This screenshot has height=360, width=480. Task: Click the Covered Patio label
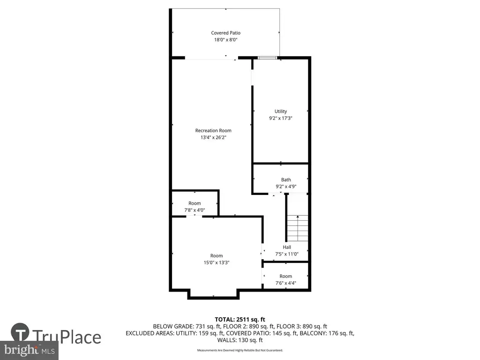[x=225, y=33]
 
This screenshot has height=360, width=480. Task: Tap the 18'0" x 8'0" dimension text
[x=225, y=40]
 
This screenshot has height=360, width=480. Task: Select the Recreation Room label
[x=213, y=130]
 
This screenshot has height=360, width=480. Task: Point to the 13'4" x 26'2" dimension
[x=213, y=137]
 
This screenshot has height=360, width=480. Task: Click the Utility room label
[x=281, y=112]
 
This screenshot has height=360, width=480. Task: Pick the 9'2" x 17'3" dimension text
[x=281, y=118]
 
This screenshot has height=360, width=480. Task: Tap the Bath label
[x=286, y=180]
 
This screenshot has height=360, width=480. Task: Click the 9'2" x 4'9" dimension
[x=286, y=187]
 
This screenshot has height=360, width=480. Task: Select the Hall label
[x=287, y=247]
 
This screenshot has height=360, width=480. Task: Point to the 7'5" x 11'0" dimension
[x=287, y=254]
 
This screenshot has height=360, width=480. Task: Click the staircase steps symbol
[x=298, y=228]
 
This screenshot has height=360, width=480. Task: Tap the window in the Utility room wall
[x=268, y=58]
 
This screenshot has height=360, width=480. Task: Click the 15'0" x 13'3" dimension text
[x=217, y=262]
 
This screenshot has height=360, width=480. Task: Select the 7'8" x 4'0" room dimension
[x=195, y=210]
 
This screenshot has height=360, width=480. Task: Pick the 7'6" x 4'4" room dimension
[x=285, y=283]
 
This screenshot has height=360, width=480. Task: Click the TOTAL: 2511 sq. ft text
[x=240, y=320]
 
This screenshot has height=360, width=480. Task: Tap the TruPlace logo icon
[x=20, y=332]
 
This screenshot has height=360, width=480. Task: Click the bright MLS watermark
[x=30, y=350]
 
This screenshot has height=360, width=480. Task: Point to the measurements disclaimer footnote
[x=240, y=350]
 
